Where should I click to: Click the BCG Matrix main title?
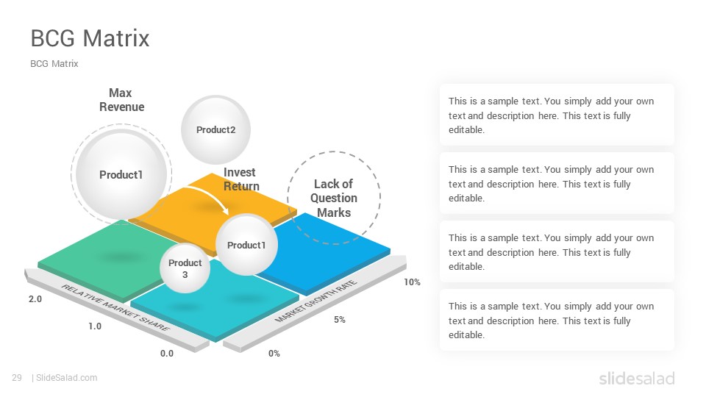pyautogui.click(x=90, y=38)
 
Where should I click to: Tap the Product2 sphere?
pyautogui.click(x=215, y=129)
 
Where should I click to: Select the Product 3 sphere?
pyautogui.click(x=185, y=268)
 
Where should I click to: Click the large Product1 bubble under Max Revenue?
pyautogui.click(x=121, y=174)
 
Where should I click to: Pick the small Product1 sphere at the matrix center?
pyautogui.click(x=246, y=244)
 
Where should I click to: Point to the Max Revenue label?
pyautogui.click(x=121, y=100)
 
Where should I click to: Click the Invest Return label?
pyautogui.click(x=241, y=179)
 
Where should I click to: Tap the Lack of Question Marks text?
pyautogui.click(x=334, y=198)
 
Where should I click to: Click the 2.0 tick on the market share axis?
pyautogui.click(x=35, y=299)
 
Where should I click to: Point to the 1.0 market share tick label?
pyautogui.click(x=95, y=326)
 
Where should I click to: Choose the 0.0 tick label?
pyautogui.click(x=167, y=354)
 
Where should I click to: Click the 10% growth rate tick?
pyautogui.click(x=412, y=282)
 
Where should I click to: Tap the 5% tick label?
pyautogui.click(x=340, y=320)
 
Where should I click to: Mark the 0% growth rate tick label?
pyautogui.click(x=274, y=354)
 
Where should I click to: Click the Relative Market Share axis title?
pyautogui.click(x=115, y=308)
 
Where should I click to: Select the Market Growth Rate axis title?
pyautogui.click(x=316, y=301)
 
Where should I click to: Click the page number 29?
pyautogui.click(x=17, y=378)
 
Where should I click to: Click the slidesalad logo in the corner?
pyautogui.click(x=637, y=379)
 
